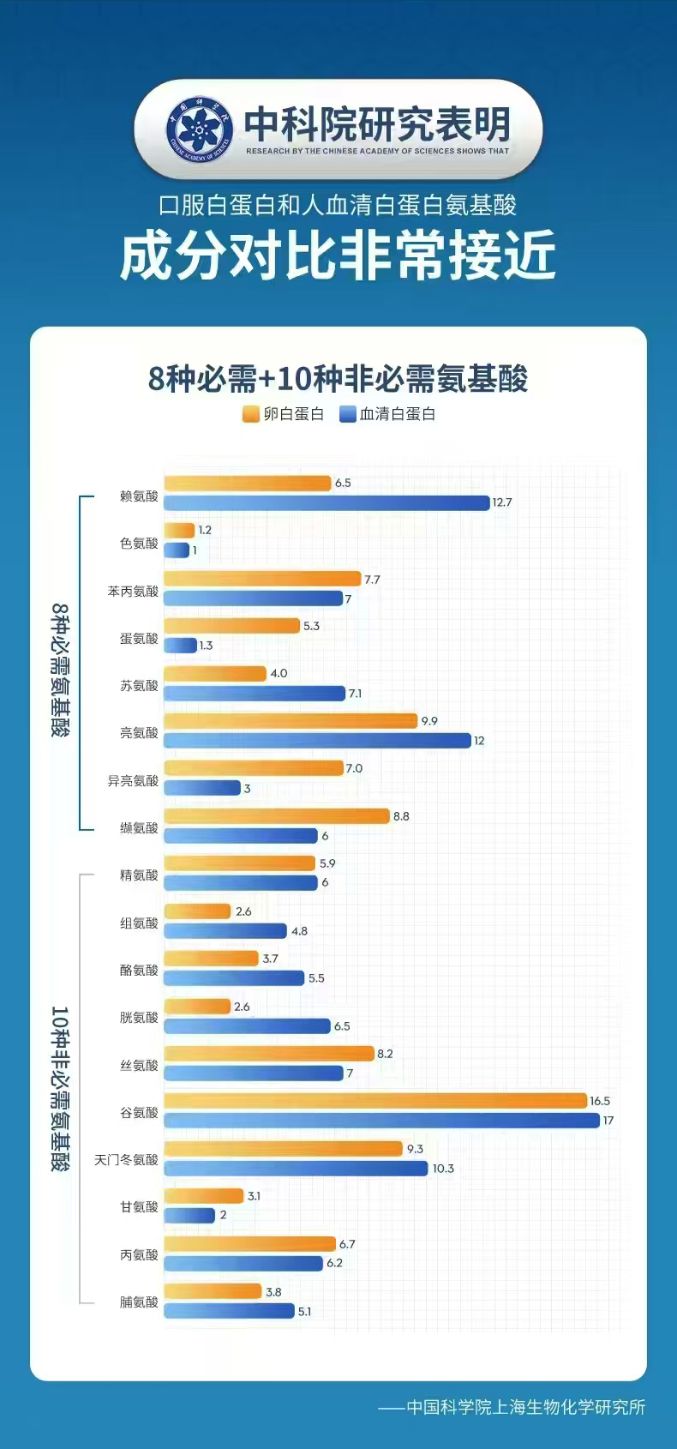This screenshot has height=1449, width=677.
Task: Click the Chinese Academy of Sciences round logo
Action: coord(200,129)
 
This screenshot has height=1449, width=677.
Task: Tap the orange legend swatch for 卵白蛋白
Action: coord(251,414)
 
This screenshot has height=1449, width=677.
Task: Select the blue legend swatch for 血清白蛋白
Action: coord(348,414)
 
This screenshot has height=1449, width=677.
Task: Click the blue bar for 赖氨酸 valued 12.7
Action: coord(327,502)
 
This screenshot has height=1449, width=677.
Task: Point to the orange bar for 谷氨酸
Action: coord(375,1101)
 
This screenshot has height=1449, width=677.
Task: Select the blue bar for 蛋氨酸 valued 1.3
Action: coord(180,646)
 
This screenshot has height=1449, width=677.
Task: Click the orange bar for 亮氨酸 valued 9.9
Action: coord(291,721)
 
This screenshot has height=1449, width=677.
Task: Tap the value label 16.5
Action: coord(600,1101)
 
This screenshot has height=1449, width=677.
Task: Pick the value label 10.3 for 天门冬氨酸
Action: coord(443,1169)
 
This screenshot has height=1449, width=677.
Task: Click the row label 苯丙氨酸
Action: coord(133,591)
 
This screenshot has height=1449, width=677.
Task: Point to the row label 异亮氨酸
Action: coord(133,780)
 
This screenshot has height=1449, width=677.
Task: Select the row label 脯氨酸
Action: coord(139,1302)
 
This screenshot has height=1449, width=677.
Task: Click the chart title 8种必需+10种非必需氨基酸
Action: coord(338,378)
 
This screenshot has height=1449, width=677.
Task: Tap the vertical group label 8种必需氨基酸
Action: coord(60,669)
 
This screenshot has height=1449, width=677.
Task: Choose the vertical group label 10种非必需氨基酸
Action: coord(60,1089)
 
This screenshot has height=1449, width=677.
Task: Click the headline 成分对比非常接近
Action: coord(338,256)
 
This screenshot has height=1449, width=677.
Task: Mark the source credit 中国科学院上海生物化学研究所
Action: coord(524,1407)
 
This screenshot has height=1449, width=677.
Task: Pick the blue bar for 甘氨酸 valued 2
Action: coord(189,1216)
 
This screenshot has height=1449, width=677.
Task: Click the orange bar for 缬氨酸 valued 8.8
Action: coord(277,816)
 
